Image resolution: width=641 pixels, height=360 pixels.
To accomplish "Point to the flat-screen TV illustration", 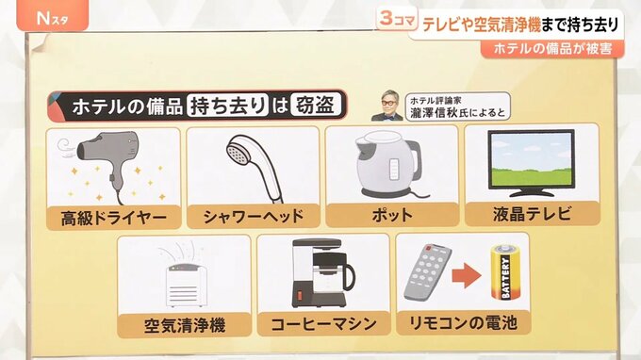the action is coord(531,163).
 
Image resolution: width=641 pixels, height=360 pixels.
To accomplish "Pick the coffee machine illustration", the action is coord(323,273).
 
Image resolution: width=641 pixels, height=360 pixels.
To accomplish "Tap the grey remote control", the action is coord(428,272).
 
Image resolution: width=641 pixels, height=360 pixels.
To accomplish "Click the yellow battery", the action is coord(505,271).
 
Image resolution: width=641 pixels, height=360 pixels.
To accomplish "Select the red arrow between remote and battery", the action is coord(467,275).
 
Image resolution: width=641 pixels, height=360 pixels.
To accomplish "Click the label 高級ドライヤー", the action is coord(114,218).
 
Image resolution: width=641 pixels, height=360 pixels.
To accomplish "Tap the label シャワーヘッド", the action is coord(254,216).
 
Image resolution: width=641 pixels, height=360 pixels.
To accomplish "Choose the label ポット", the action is coord(392,215).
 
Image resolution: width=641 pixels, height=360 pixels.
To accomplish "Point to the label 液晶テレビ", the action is coord(532,214).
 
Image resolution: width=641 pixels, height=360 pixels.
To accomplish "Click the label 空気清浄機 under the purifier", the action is coord(185,326).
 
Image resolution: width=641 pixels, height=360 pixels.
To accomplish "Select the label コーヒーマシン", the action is coord(323,324).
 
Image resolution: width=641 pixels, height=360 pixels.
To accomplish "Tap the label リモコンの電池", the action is coord(463,323).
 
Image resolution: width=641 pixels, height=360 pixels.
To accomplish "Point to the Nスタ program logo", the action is coord(53,19).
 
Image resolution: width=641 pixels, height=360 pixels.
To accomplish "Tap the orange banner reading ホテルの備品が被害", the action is coord(552,49).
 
